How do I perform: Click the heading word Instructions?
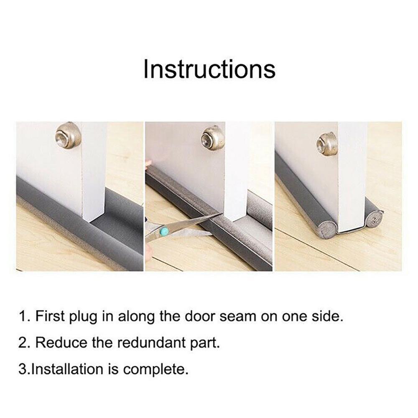click(x=209, y=69)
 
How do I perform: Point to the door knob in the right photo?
click(x=327, y=144)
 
